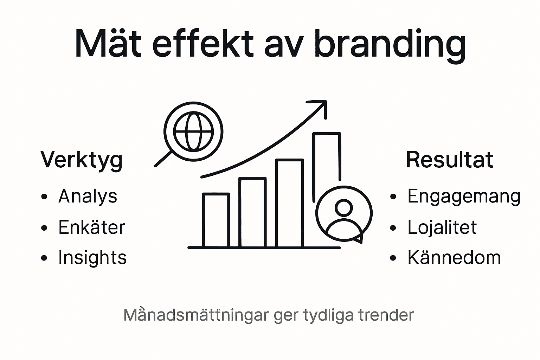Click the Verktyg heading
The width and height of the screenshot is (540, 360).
coord(82,160)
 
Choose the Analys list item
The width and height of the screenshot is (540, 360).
coord(88,196)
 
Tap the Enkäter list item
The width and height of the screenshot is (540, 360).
coord(91,227)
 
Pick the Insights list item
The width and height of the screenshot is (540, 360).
coord(92,257)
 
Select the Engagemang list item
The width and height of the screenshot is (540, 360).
coord(464,196)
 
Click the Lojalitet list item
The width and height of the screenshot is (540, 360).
coord(442,227)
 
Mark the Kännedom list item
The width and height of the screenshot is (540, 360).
coord(454,257)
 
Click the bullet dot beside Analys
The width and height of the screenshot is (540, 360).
coord(44,197)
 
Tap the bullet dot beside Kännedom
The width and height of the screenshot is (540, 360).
coord(393,258)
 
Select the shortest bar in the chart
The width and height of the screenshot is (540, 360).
coord(216,220)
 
